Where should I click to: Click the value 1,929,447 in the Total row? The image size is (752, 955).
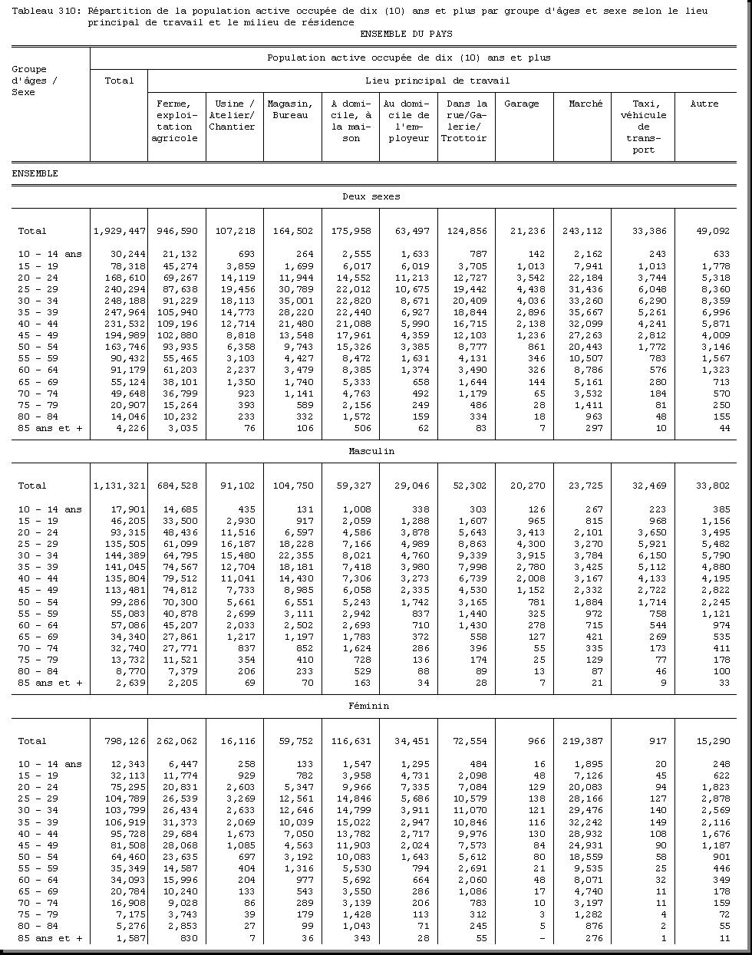coord(119,231)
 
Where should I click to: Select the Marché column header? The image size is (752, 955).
coord(585,104)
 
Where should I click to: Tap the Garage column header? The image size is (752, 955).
coord(521,104)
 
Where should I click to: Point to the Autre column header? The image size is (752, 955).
coord(704,104)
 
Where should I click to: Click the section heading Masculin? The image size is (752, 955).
coord(371,451)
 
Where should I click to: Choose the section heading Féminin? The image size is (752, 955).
coord(371,706)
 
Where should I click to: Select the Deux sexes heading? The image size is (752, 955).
coord(371,196)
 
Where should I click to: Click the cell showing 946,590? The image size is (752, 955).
coord(176,231)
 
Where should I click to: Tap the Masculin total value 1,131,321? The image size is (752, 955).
coord(119,486)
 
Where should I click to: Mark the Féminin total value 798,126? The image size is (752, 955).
coord(122,741)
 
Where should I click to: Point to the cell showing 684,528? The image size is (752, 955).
coord(176,486)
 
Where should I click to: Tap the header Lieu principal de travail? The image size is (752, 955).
coord(437,81)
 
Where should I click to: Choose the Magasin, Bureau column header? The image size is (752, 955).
coord(290,109)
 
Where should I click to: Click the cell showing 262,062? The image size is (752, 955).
coord(176,741)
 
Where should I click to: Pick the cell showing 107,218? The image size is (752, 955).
coord(235,231)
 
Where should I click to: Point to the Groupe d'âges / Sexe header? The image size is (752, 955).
coord(35,81)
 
